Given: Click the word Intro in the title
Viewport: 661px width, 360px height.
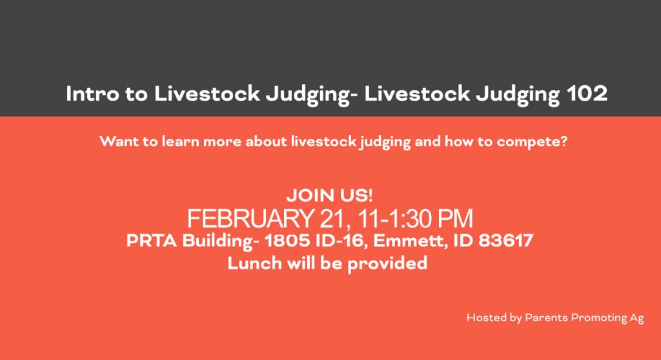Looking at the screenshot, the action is click(x=92, y=94).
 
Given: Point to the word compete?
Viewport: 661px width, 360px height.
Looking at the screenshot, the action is click(x=532, y=142).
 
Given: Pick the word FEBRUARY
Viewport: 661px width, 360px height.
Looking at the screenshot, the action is click(x=250, y=218).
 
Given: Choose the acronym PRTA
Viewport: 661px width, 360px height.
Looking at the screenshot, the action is click(x=152, y=241).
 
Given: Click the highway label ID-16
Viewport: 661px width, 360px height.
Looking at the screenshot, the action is click(x=340, y=241).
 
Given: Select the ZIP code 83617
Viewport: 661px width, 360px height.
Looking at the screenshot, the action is click(x=506, y=241).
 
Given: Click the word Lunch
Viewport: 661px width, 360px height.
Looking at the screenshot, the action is click(x=254, y=263).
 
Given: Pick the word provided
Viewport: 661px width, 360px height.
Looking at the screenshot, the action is click(x=387, y=264).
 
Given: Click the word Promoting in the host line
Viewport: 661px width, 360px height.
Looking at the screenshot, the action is click(x=598, y=318).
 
